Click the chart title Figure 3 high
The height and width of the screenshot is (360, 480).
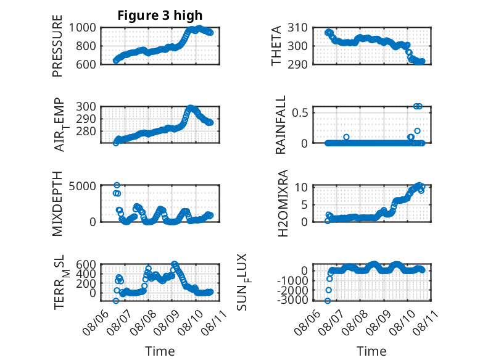[160, 15]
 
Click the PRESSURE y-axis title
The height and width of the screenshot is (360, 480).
[57, 46]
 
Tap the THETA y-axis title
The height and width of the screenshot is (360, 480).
[276, 46]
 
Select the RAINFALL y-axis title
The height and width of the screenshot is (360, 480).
[280, 125]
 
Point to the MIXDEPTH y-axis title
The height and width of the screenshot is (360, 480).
[57, 204]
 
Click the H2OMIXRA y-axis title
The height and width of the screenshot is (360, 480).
[283, 203]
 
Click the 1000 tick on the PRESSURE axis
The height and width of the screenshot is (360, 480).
[82, 28]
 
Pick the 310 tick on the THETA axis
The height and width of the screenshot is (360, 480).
[297, 28]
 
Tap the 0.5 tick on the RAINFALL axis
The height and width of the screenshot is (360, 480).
[299, 112]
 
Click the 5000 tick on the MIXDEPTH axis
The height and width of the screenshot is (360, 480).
[82, 186]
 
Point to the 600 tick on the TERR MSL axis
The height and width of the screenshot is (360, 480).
[85, 264]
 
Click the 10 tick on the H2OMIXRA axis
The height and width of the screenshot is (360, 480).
[301, 187]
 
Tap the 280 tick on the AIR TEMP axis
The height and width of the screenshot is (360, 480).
[85, 131]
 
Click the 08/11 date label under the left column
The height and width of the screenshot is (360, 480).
[215, 322]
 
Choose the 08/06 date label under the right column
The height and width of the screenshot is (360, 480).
[307, 322]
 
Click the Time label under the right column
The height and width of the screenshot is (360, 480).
[371, 351]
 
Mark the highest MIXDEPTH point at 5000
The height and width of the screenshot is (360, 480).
[117, 185]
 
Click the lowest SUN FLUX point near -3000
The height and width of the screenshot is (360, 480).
[328, 301]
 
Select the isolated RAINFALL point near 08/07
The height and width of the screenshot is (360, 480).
[346, 137]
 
